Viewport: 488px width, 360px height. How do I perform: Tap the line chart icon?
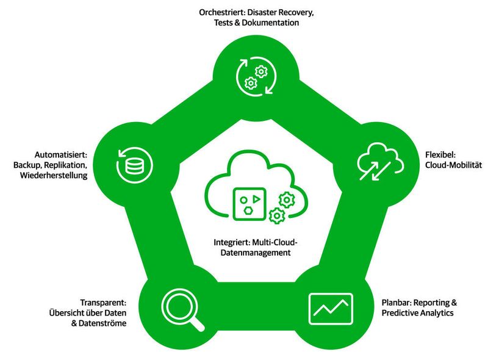pyautogui.click(x=330, y=308)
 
